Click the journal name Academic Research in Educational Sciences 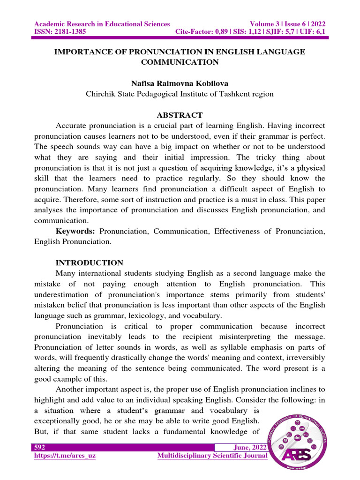pyautogui.click(x=102, y=24)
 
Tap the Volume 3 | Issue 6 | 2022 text pyautogui.click(x=288, y=24)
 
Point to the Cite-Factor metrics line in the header pyautogui.click(x=250, y=32)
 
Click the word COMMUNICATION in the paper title pyautogui.click(x=180, y=62)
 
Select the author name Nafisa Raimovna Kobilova pyautogui.click(x=180, y=83)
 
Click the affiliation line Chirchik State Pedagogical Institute pyautogui.click(x=180, y=94)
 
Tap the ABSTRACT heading pyautogui.click(x=180, y=115)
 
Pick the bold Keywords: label pyautogui.click(x=75, y=231)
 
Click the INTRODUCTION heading pyautogui.click(x=90, y=262)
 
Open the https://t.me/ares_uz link pyautogui.click(x=65, y=456)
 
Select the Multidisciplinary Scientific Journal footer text pyautogui.click(x=212, y=456)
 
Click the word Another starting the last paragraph pyautogui.click(x=71, y=389)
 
